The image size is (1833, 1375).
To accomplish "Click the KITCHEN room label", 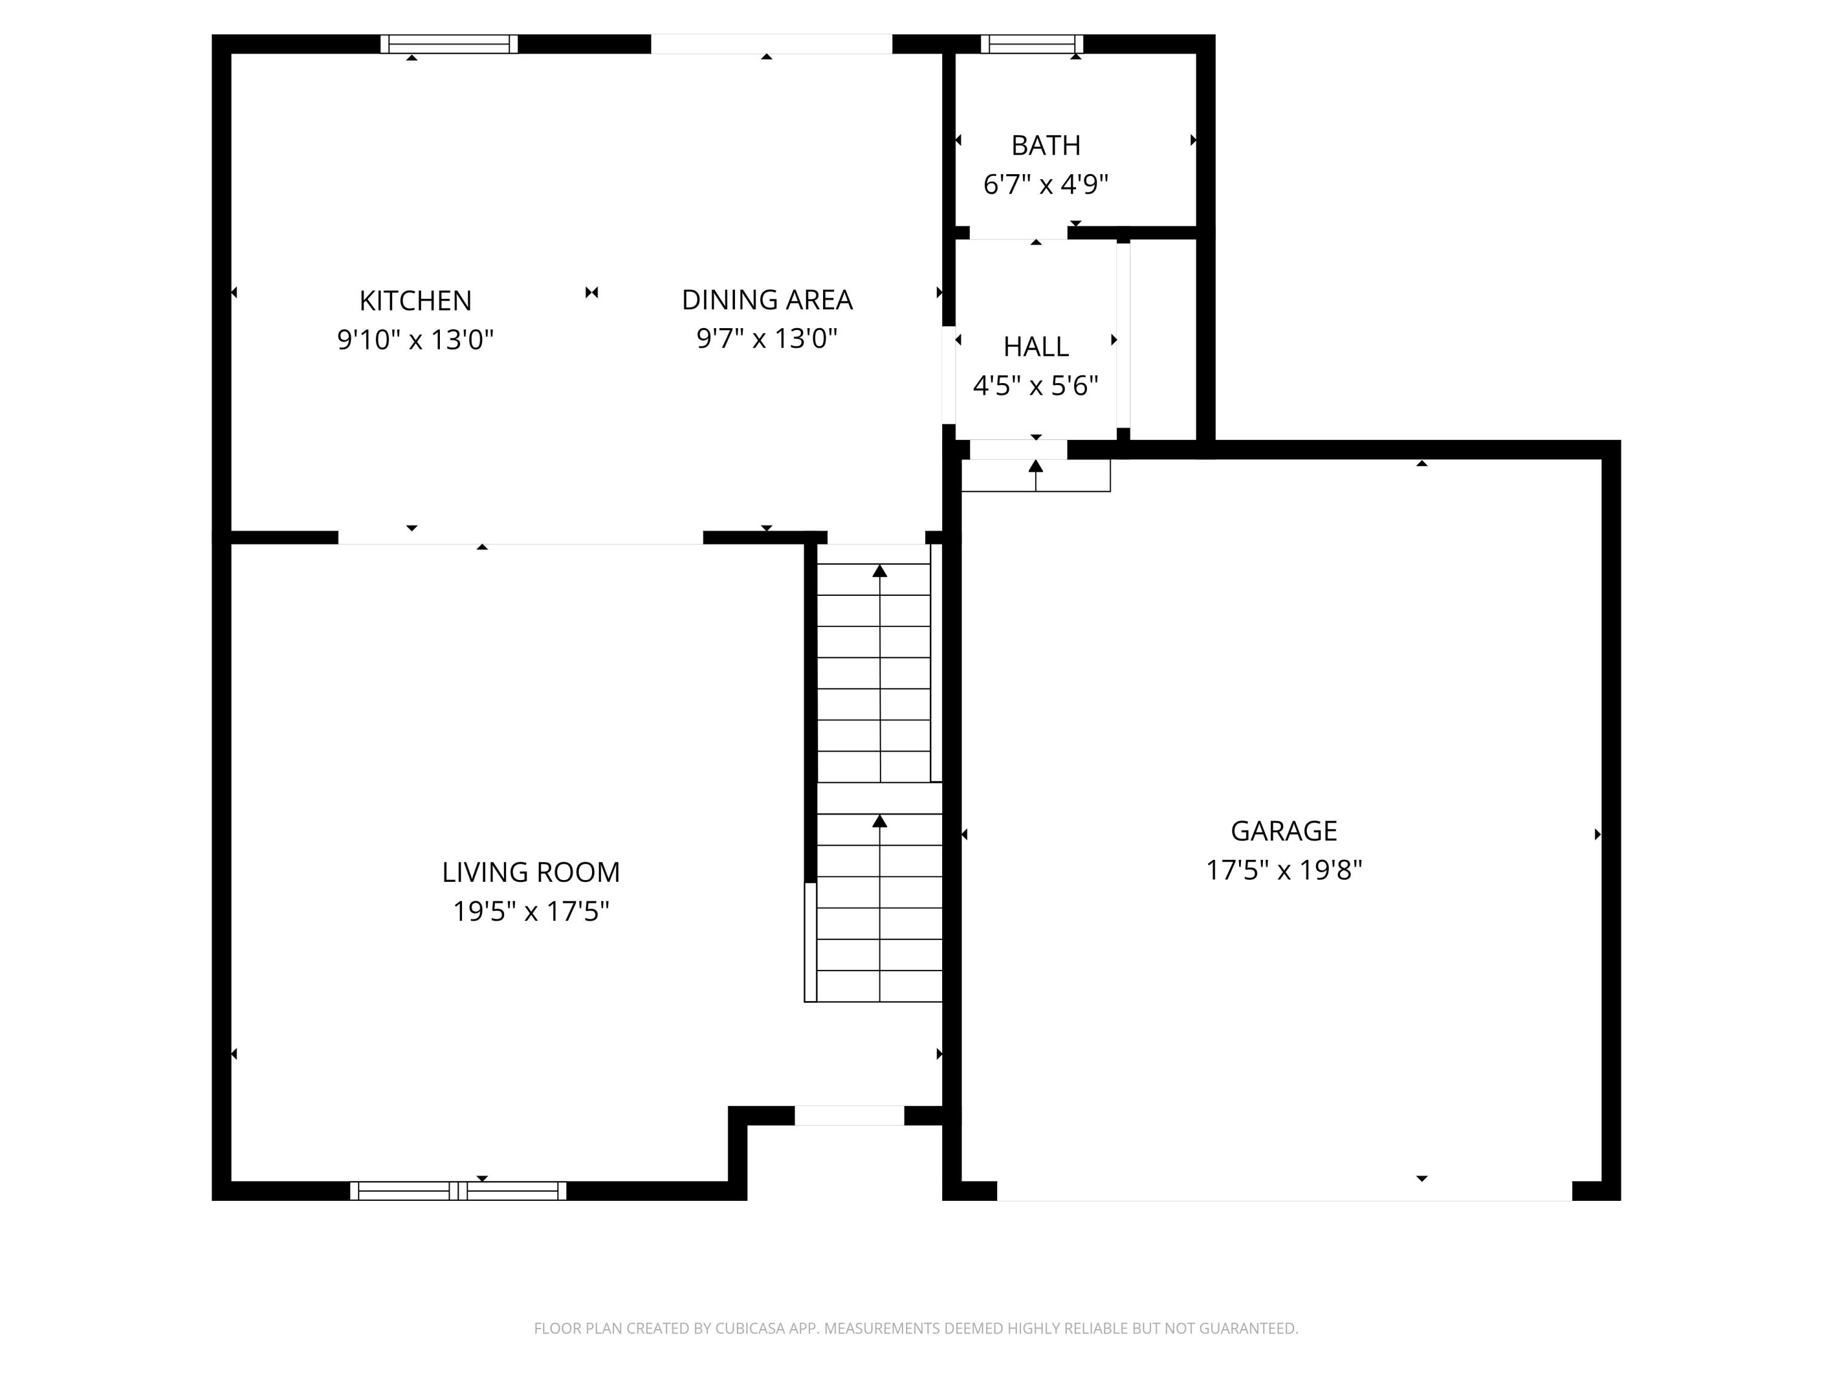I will [415, 300].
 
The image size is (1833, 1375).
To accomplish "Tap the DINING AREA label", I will [767, 299].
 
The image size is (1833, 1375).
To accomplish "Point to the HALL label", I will [1036, 346].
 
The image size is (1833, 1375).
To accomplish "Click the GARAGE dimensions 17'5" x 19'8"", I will [1284, 870].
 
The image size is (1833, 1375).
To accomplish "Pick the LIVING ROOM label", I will [530, 872].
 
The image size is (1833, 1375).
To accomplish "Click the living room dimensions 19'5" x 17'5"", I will [530, 912].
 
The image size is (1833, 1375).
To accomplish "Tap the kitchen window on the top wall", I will [449, 44].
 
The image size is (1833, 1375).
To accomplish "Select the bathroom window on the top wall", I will [1032, 44].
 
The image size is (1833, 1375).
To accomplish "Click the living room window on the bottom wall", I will [458, 1191].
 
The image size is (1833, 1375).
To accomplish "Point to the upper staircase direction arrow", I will [880, 571].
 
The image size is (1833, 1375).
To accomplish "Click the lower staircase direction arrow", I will [880, 821].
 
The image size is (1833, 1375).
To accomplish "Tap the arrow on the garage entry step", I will [1036, 467].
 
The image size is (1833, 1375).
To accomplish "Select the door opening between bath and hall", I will [1019, 233].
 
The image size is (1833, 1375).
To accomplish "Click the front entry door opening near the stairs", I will [849, 1115].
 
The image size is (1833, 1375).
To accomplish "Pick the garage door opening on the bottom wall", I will [1284, 1191].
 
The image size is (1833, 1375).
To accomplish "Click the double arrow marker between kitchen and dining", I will [591, 293].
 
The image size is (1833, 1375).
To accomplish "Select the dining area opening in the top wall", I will [770, 44].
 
